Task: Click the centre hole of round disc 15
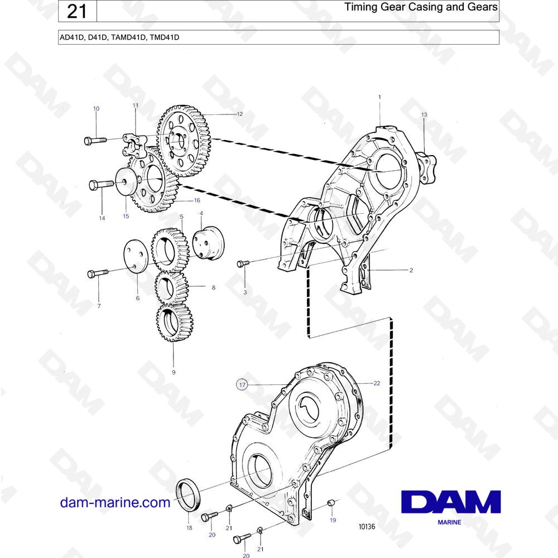tap(124, 181)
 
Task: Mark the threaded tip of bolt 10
tap(105, 139)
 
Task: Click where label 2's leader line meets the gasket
tap(369, 270)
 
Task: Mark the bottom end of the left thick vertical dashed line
tap(308, 336)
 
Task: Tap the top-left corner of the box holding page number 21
tap(59, 1)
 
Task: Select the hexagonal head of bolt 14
tap(93, 185)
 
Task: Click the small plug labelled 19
tap(330, 503)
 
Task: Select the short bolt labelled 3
tap(243, 264)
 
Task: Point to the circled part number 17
tap(242, 384)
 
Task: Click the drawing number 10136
tap(367, 526)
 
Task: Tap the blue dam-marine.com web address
tap(116, 503)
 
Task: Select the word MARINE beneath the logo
tap(449, 522)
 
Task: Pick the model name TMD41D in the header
tap(165, 37)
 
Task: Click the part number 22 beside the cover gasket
tap(377, 383)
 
